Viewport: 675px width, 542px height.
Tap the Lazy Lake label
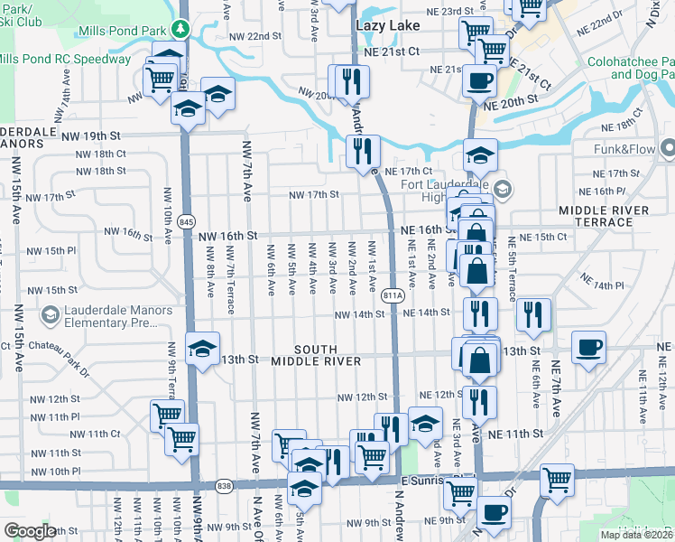click(388, 25)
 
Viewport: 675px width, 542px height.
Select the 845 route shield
click(186, 221)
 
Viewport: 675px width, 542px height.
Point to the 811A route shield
click(392, 295)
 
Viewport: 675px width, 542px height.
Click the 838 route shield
click(224, 486)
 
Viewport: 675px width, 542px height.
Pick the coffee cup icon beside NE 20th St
click(478, 79)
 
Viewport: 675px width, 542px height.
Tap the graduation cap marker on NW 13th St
click(202, 347)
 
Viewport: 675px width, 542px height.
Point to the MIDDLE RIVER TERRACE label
click(604, 216)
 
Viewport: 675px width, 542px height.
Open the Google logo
click(30, 531)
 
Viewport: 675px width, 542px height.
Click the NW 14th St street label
click(360, 315)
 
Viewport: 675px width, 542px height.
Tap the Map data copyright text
click(637, 535)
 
